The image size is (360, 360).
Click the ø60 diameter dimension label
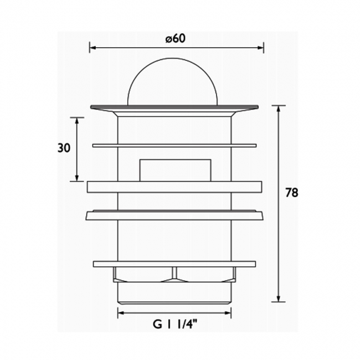pos(174,39)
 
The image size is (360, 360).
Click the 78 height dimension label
pos(292,193)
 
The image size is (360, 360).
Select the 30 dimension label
pos(64,148)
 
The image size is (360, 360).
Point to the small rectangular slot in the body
pos(174,170)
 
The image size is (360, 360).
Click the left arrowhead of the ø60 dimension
pos(92,48)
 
